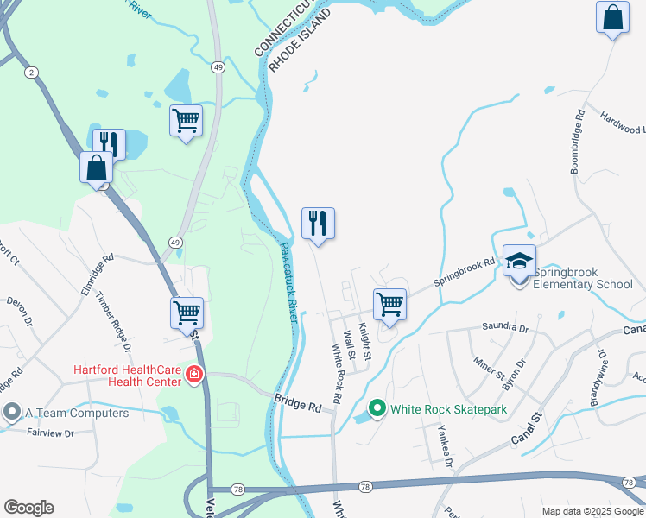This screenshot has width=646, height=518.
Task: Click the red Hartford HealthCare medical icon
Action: [194, 374]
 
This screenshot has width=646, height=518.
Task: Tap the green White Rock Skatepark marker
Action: [377, 408]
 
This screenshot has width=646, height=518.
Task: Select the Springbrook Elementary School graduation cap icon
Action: [519, 260]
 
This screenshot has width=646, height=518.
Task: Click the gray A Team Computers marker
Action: [10, 413]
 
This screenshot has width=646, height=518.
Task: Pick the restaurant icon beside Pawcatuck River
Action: [318, 224]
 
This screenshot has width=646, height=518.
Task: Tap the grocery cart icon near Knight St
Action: [389, 305]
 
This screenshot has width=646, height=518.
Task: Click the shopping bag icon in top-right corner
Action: [611, 18]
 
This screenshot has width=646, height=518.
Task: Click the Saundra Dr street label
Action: [505, 327]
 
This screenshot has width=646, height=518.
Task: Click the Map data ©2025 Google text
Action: [592, 511]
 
